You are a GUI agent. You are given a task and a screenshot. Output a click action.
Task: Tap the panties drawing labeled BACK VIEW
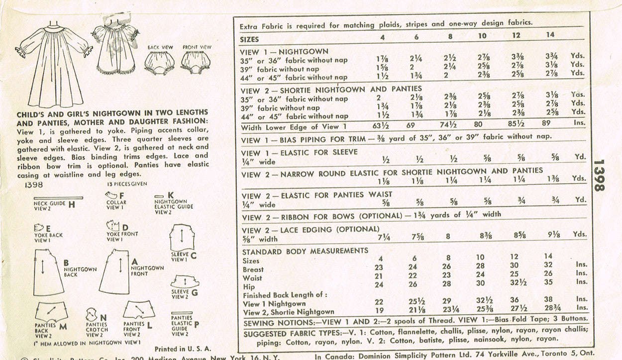pos(159,62)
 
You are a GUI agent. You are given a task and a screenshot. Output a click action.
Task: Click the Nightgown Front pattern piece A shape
pos(116,272)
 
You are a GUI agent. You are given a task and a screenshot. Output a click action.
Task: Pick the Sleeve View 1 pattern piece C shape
pos(183,238)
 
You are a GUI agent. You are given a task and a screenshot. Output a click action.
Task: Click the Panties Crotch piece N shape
pos(91,314)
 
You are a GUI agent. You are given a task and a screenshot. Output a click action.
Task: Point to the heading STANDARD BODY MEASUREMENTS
pos(305,251)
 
